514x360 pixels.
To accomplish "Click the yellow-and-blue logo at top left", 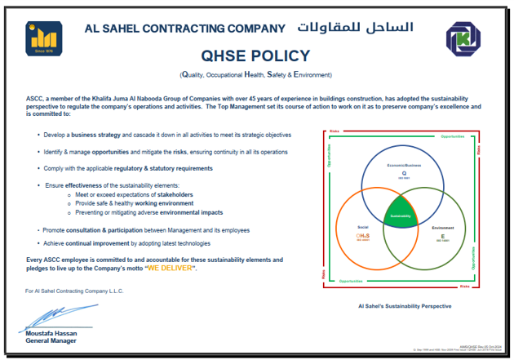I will (40, 38).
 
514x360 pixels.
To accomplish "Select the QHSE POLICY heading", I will (256, 56).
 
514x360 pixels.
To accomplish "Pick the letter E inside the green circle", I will (443, 235).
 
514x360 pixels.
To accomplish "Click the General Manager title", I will (51, 340).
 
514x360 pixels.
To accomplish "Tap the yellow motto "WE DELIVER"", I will (170, 268).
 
